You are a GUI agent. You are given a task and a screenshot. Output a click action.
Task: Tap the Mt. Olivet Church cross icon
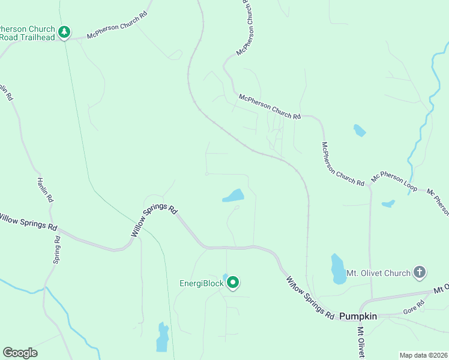tap(420, 273)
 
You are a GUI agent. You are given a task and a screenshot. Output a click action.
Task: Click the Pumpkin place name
tap(358, 316)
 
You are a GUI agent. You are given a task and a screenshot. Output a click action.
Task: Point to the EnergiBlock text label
tap(202, 284)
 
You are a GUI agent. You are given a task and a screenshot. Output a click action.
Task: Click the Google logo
tap(20, 353)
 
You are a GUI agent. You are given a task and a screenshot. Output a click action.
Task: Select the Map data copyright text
tap(423, 355)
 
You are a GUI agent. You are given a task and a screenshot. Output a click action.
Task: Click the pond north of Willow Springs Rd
tap(234, 196)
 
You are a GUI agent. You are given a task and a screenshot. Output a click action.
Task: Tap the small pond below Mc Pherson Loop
tap(388, 203)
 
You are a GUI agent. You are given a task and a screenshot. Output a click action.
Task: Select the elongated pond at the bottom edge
tap(162, 338)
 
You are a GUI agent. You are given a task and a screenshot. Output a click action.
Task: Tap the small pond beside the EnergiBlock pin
tap(225, 277)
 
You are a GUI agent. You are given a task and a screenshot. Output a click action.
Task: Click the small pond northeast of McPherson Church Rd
tap(360, 130)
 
